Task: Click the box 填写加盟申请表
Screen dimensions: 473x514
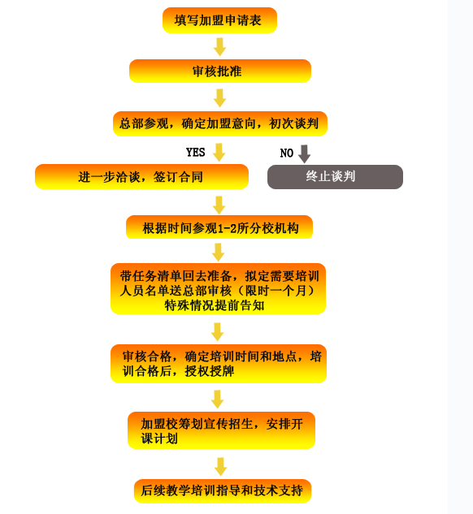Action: click(x=219, y=20)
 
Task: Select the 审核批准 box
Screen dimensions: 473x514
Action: click(x=220, y=71)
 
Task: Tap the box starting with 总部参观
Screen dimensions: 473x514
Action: click(x=220, y=123)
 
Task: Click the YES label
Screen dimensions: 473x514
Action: click(x=196, y=153)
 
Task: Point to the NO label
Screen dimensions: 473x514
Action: click(x=287, y=153)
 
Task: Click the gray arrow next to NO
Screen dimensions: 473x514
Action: click(x=305, y=153)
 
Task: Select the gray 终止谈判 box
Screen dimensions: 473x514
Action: click(x=335, y=177)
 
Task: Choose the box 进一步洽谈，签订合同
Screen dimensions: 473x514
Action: click(x=141, y=177)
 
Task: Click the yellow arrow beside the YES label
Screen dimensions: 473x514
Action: click(x=219, y=152)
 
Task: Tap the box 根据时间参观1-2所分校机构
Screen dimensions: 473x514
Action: click(x=219, y=227)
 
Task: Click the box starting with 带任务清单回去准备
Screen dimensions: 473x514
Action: click(x=218, y=289)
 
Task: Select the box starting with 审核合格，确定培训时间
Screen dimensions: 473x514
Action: click(x=219, y=364)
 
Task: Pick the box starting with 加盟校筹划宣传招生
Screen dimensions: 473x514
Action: click(x=221, y=430)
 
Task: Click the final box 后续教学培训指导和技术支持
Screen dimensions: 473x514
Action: click(x=223, y=491)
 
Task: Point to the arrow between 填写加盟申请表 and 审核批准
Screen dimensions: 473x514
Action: click(x=219, y=46)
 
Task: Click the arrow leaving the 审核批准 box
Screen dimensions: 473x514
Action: click(x=219, y=97)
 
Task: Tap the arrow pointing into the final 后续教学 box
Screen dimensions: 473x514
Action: click(x=221, y=466)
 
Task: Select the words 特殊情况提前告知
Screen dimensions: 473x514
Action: click(x=215, y=305)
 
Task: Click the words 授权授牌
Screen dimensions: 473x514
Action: click(x=210, y=371)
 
